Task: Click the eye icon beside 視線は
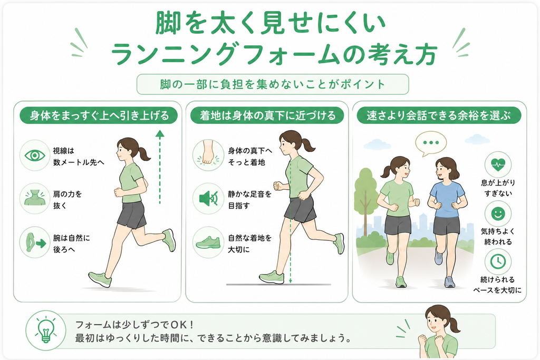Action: [x=35, y=155]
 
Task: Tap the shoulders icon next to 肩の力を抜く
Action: [x=35, y=198]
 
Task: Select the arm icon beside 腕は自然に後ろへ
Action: [x=35, y=242]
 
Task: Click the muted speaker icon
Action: [x=208, y=199]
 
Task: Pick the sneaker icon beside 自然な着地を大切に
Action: [x=208, y=242]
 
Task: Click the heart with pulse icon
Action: [x=498, y=164]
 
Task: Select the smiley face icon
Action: [x=498, y=213]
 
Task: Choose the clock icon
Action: [x=498, y=261]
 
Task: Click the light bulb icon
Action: [x=46, y=330]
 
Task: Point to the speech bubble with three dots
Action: [x=430, y=143]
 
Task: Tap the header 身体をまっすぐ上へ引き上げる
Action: [x=99, y=115]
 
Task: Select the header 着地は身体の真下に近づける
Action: [x=267, y=115]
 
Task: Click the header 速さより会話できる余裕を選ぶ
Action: [x=439, y=115]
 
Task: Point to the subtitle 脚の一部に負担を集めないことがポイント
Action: [x=273, y=84]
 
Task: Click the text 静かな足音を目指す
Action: [x=249, y=200]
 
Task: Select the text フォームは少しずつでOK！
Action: [x=134, y=325]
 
